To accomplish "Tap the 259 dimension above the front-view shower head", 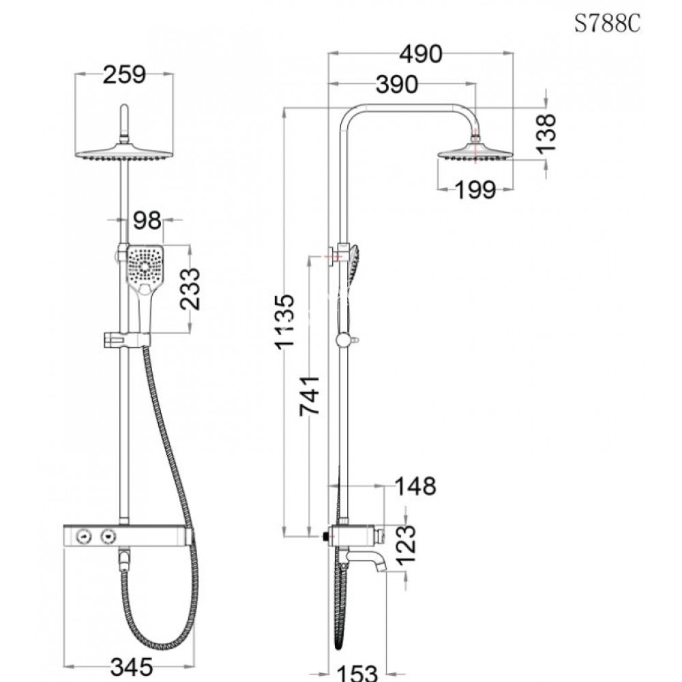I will [x=124, y=75].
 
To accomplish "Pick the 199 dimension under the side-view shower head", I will [x=475, y=190].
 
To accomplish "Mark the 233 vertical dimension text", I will [x=192, y=289].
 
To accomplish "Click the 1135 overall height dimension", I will [x=284, y=321].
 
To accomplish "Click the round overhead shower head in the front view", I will [x=124, y=154].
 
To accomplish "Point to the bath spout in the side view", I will [x=368, y=560].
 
